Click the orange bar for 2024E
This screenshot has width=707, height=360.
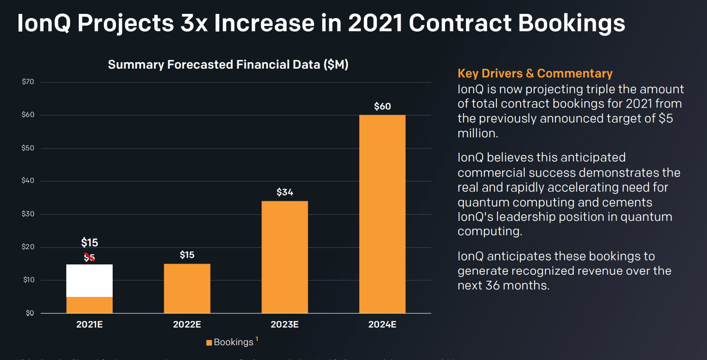click(x=382, y=213)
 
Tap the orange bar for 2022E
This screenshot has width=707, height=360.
click(x=187, y=288)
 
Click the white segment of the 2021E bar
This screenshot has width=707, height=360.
click(x=89, y=280)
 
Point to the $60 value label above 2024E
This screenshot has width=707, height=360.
click(x=382, y=106)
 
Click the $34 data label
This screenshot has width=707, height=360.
click(x=285, y=192)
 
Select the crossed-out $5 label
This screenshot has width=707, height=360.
click(x=89, y=258)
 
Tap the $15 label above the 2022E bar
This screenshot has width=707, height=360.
click(x=187, y=255)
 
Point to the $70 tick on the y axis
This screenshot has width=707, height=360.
click(x=28, y=82)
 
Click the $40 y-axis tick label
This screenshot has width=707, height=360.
click(x=28, y=181)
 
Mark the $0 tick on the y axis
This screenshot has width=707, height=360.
click(x=30, y=313)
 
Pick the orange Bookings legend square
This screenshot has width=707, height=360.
click(x=209, y=343)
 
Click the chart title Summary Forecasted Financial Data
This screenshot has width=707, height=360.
click(x=228, y=64)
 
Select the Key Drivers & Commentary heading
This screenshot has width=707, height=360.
click(x=535, y=73)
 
